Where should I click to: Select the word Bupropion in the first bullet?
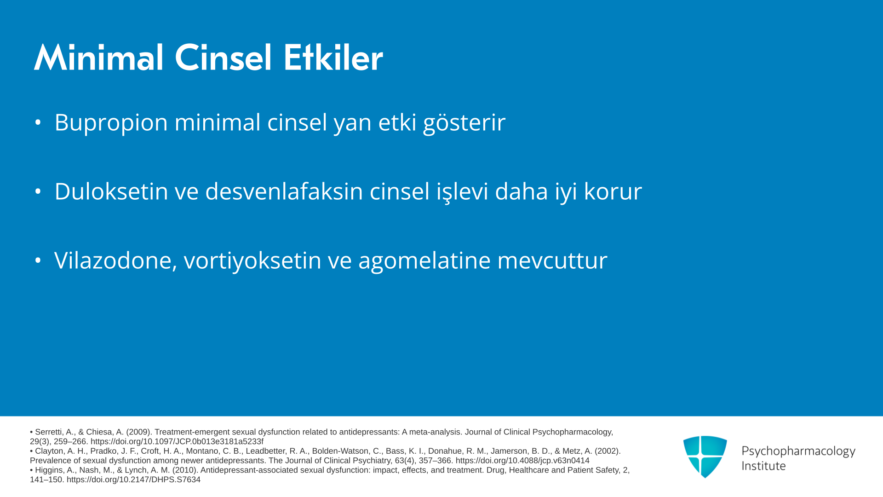tap(111, 123)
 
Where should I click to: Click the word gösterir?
tap(464, 123)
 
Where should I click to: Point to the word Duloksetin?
tap(111, 191)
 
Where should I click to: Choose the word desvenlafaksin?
tap(284, 191)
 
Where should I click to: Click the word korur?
tap(613, 191)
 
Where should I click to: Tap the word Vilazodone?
tap(115, 260)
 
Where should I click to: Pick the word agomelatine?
tap(424, 260)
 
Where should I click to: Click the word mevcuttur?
tap(552, 260)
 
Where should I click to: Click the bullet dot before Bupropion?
tap(38, 122)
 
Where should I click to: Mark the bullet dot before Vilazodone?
tap(38, 260)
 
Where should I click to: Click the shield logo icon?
tap(705, 457)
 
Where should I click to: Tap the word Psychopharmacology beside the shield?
tap(798, 451)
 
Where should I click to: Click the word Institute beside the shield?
tap(763, 466)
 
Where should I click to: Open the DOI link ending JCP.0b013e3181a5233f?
tap(177, 442)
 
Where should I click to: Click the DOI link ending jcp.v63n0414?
tap(522, 461)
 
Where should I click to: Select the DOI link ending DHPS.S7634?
tap(133, 480)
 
